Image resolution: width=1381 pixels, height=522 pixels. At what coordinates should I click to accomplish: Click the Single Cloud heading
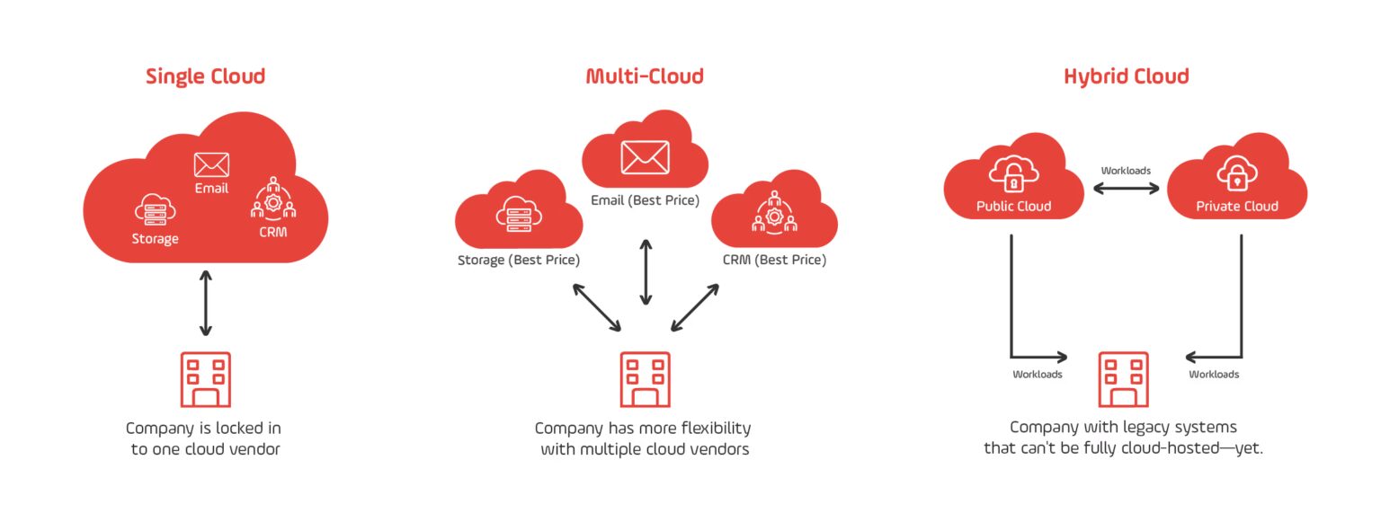[205, 76]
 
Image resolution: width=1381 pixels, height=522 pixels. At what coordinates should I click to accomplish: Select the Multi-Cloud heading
[645, 76]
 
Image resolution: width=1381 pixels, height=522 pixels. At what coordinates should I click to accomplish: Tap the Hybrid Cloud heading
[1126, 76]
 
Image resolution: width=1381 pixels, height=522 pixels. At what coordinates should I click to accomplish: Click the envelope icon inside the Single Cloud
[211, 164]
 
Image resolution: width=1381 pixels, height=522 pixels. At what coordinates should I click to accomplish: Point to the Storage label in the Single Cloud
[155, 239]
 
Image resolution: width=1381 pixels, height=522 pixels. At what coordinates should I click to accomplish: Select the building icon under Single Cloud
[205, 380]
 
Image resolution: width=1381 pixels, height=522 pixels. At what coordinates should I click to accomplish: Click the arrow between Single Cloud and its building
[206, 303]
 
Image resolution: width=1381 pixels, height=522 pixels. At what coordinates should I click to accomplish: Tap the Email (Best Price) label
[645, 200]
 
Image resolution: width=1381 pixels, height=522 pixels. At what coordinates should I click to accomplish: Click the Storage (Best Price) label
[517, 261]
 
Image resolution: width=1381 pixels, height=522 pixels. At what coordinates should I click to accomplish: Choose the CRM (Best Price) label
[774, 261]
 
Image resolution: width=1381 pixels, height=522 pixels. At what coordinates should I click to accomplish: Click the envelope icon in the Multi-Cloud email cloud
[645, 156]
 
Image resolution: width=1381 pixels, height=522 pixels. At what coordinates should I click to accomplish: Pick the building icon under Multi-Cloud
[645, 380]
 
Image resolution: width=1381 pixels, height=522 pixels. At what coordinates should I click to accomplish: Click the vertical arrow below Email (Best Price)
[645, 271]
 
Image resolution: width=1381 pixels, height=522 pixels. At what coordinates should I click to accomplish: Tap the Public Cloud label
[1013, 207]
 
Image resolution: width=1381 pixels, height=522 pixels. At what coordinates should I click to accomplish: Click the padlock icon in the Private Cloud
[1237, 175]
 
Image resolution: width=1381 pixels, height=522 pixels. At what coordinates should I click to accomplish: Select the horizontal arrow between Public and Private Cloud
[1126, 189]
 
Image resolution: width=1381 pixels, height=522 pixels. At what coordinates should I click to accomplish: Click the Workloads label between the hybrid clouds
[1126, 171]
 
